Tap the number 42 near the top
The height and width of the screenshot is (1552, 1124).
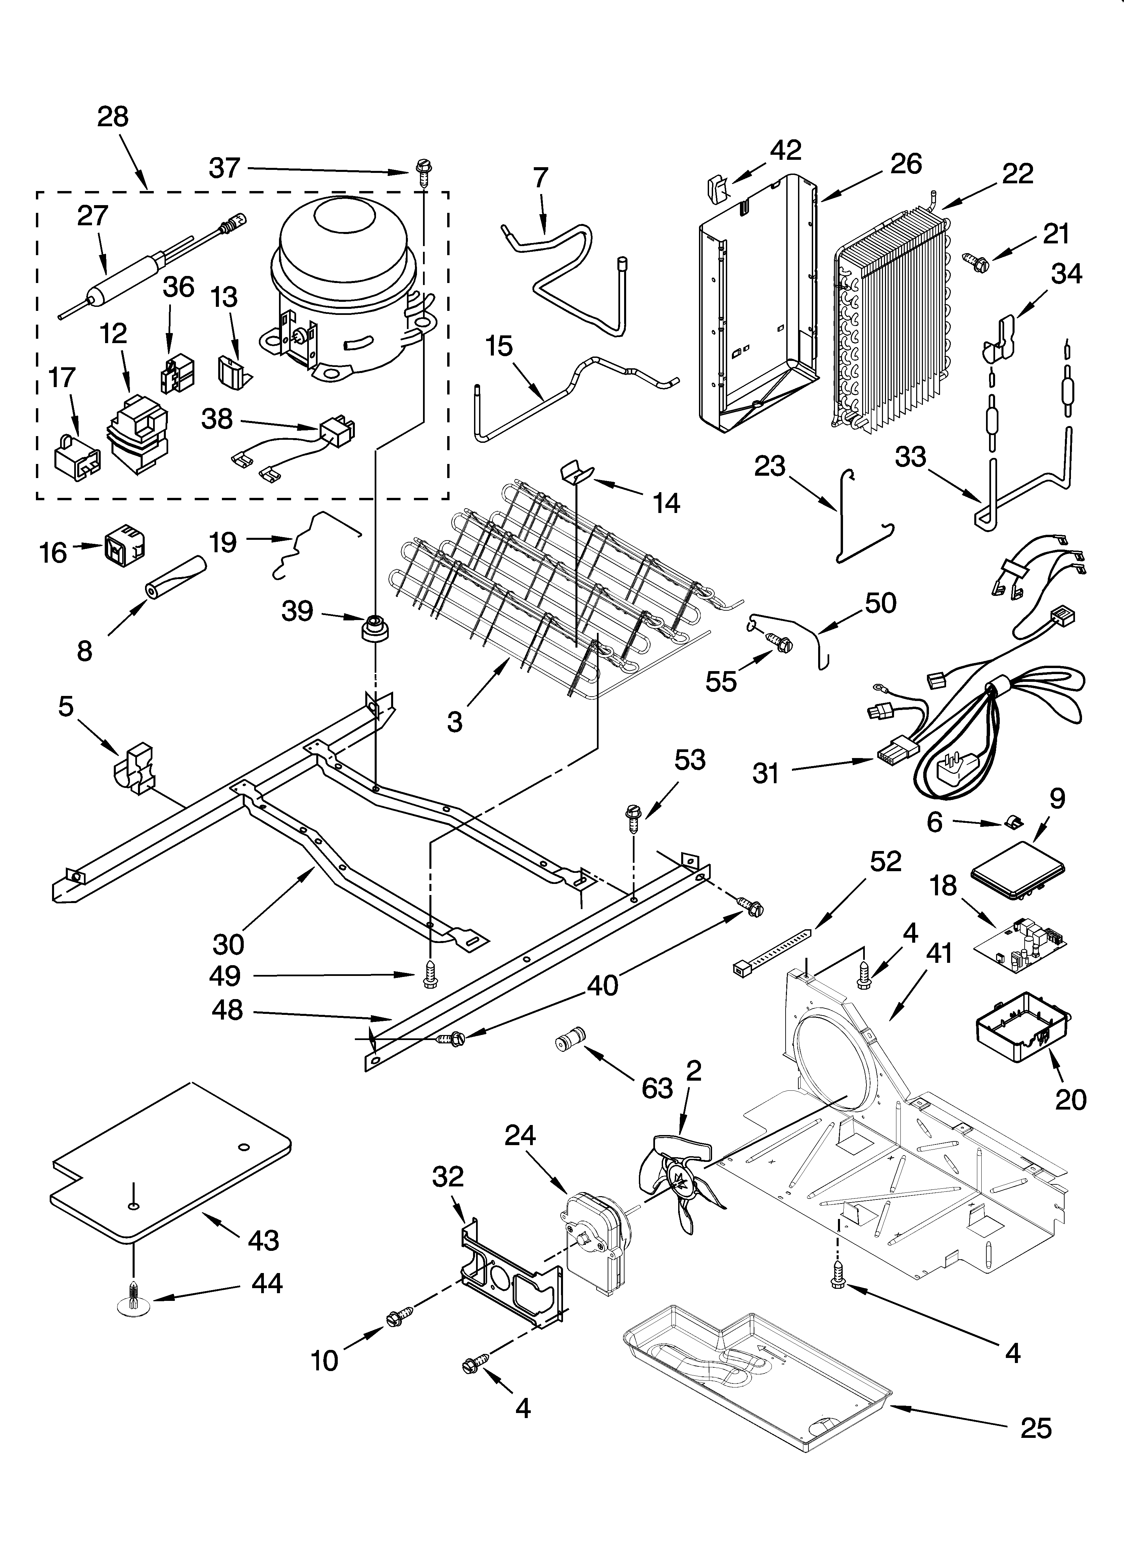(785, 150)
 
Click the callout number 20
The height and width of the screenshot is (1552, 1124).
(1071, 1100)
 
